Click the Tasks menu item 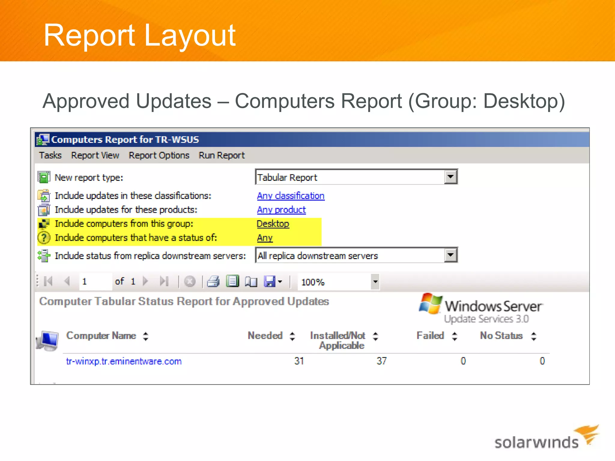[x=50, y=155]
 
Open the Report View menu [x=95, y=155]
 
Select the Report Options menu [x=159, y=155]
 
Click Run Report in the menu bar [x=222, y=155]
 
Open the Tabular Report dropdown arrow [x=450, y=177]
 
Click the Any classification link [x=291, y=196]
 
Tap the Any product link [x=281, y=210]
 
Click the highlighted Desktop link [x=273, y=224]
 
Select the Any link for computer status [x=265, y=238]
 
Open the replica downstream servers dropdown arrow [x=450, y=255]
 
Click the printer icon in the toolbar [x=213, y=282]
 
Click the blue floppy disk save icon [x=270, y=282]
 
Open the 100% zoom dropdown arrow [x=375, y=282]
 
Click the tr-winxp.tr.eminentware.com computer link [x=124, y=361]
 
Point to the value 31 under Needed [x=299, y=361]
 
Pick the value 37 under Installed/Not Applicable [x=382, y=361]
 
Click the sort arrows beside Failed [x=455, y=336]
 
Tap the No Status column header [x=501, y=336]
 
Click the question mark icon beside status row [x=44, y=238]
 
